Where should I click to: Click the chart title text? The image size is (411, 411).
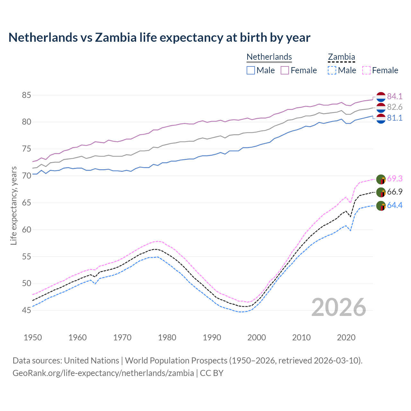159,38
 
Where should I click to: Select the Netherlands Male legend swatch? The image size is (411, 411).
251,70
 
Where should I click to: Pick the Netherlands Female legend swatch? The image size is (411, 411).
285,70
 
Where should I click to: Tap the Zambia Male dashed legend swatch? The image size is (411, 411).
332,70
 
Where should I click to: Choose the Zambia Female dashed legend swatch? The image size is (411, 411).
366,70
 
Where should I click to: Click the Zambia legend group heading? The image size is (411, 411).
341,57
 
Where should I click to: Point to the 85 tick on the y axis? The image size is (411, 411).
26,95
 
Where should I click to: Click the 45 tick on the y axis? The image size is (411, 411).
26,310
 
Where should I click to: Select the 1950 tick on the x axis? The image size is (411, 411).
33,337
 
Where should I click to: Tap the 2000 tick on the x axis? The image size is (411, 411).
257,337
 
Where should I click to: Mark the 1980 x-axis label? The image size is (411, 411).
167,337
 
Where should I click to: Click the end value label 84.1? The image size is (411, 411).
395,97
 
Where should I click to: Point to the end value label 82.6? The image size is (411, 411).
395,107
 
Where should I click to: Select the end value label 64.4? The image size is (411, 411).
395,205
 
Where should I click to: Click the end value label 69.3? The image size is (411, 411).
395,179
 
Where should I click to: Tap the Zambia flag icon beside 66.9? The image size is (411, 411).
381,192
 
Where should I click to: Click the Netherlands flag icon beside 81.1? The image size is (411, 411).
381,118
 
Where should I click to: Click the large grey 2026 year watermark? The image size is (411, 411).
338,308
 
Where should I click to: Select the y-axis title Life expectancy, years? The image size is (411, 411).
14,205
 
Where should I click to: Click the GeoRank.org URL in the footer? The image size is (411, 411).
103,373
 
